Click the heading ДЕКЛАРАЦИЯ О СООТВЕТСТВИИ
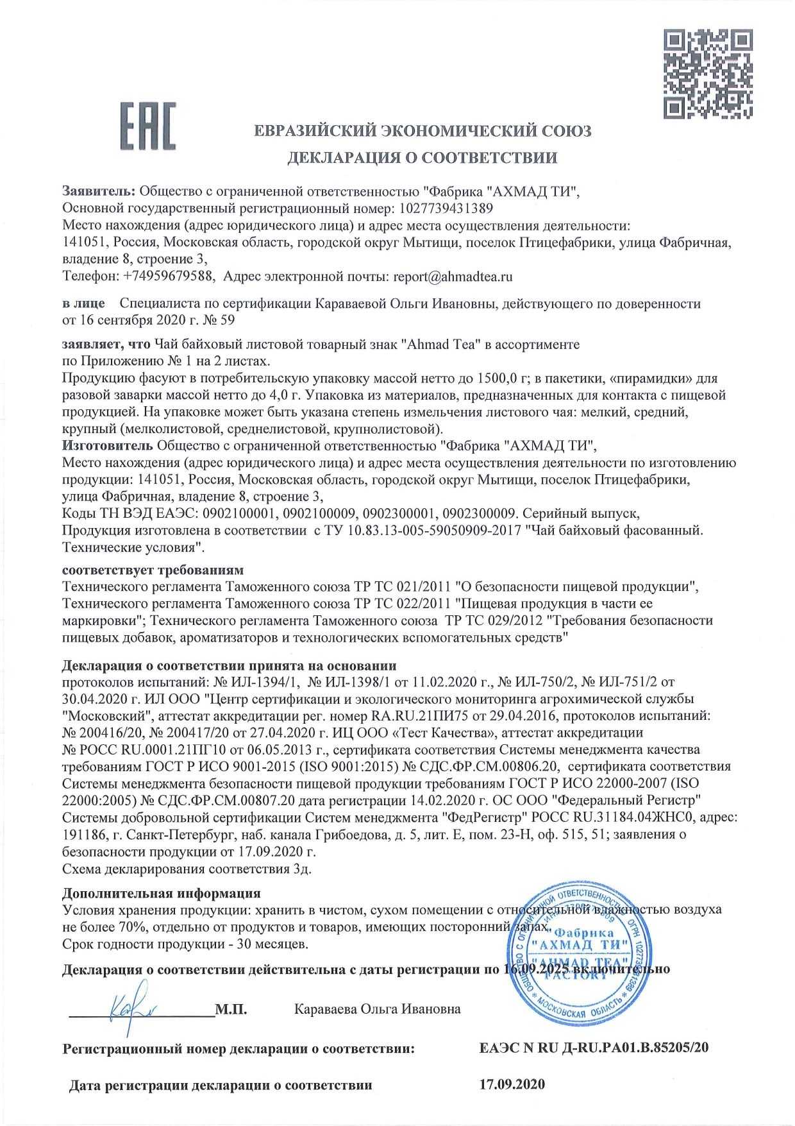point(422,158)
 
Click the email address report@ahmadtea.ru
point(453,277)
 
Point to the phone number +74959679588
point(169,277)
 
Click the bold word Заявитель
point(99,191)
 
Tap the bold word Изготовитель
point(107,445)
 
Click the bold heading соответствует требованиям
point(153,570)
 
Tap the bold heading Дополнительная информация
point(161,893)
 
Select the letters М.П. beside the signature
point(231,1009)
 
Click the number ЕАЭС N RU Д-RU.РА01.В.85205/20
point(594,1049)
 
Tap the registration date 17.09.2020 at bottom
point(512,1085)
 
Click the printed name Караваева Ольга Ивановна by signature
point(377,1009)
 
